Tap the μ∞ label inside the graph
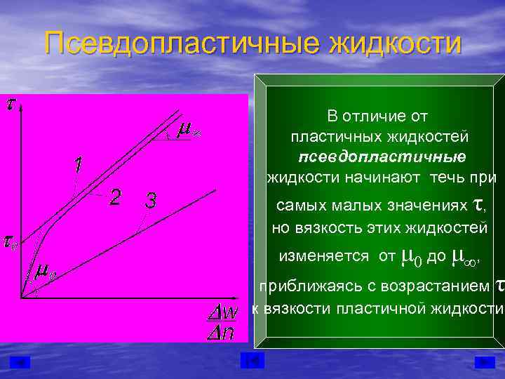click(187, 129)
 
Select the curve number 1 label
click(76, 166)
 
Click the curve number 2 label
click(116, 197)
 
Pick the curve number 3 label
click(150, 200)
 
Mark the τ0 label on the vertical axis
click(9, 243)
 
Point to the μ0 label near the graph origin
click(46, 271)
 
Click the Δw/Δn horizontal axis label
click(224, 321)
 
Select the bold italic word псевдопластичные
click(382, 155)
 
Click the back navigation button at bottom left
click(20, 361)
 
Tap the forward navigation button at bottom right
click(484, 361)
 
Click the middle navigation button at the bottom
click(252, 361)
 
